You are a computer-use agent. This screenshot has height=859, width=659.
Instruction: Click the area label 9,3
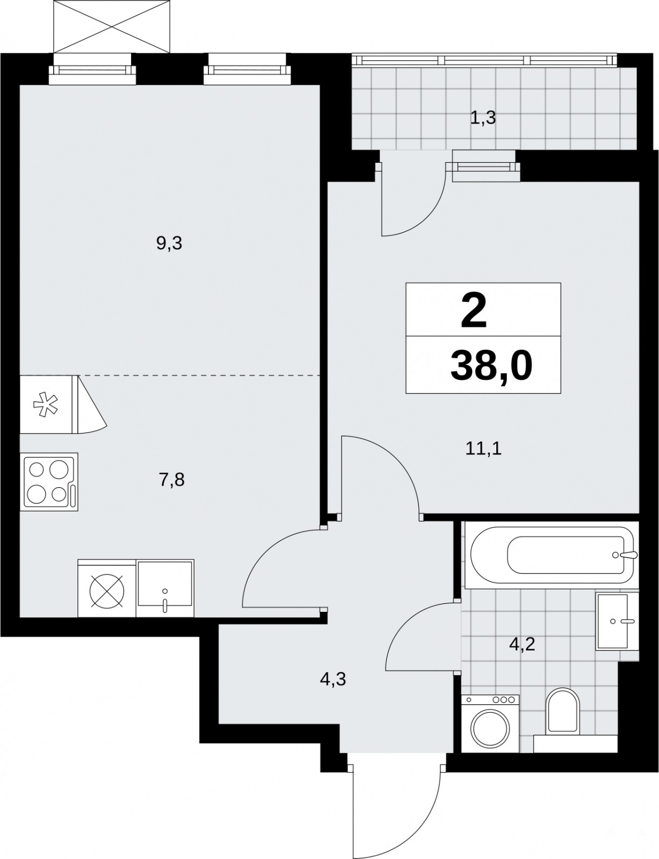pyautogui.click(x=169, y=243)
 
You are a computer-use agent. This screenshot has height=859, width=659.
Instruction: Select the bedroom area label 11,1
pyautogui.click(x=483, y=449)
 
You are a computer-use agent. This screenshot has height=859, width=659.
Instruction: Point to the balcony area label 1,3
pyautogui.click(x=483, y=118)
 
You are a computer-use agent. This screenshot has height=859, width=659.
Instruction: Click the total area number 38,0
pyautogui.click(x=491, y=366)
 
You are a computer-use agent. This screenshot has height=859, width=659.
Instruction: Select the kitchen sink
pyautogui.click(x=165, y=588)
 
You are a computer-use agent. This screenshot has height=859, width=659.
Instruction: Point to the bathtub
pyautogui.click(x=552, y=555)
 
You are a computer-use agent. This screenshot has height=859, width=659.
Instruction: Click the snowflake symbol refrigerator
pyautogui.click(x=46, y=404)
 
